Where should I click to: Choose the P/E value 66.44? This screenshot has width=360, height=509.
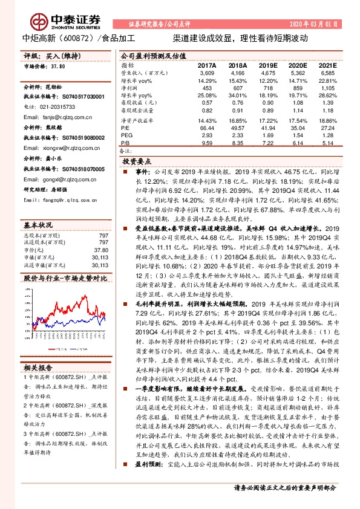point(207,128)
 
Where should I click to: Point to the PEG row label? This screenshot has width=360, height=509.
point(126,135)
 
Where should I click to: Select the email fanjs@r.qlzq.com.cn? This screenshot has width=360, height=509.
point(59,117)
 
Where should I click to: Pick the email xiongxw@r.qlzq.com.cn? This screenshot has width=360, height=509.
point(64,148)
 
